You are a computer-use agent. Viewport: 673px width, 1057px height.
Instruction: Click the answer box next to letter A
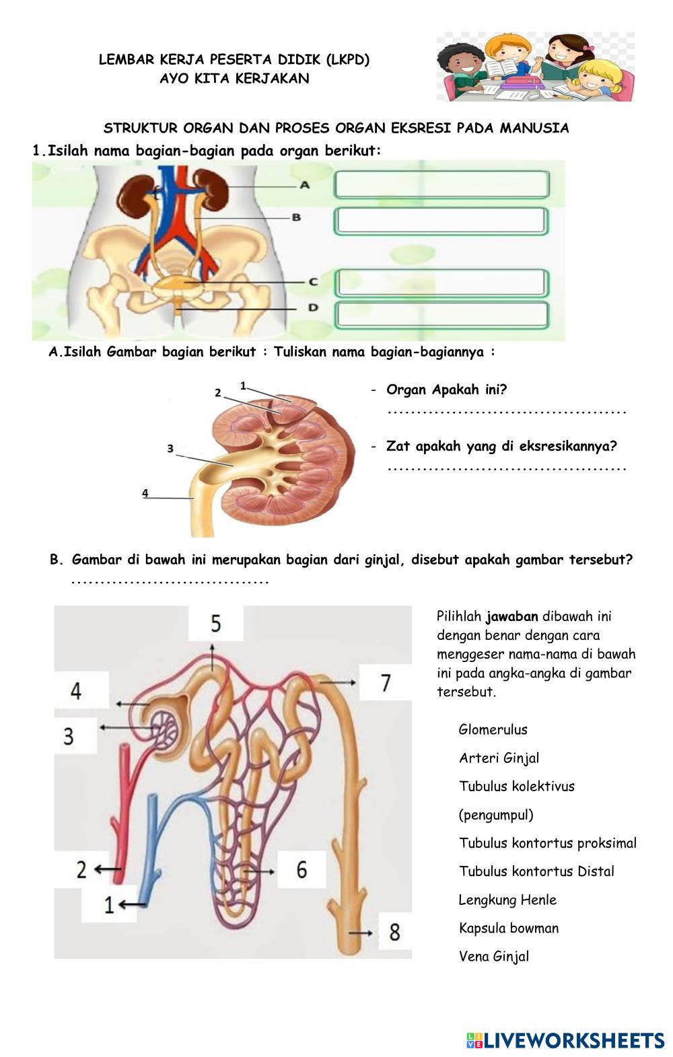(441, 184)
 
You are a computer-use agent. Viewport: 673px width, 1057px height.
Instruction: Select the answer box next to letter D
(441, 315)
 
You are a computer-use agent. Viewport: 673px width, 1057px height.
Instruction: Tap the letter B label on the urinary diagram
(296, 217)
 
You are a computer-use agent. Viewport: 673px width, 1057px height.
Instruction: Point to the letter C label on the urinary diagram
(313, 282)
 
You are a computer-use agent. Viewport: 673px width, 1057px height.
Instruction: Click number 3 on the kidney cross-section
(170, 448)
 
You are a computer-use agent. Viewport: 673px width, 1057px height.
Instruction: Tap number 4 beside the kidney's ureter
(145, 493)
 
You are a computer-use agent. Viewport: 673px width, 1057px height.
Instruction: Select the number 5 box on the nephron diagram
(215, 623)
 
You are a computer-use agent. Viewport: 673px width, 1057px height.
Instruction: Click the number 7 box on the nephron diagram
(386, 683)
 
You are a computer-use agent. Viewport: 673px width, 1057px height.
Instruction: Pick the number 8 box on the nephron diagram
(394, 932)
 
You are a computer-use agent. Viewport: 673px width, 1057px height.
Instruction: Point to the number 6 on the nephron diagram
(302, 869)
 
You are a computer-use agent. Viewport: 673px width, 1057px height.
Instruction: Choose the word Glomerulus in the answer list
(493, 729)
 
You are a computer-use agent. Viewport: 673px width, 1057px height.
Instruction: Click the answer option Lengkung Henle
(507, 900)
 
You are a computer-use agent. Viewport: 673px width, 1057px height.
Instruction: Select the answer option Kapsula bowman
(509, 928)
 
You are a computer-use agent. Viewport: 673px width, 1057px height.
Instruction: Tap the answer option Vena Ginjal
(494, 956)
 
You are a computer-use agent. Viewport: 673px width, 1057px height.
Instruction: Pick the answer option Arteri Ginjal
(499, 758)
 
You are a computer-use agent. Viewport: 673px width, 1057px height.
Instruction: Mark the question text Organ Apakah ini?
(446, 390)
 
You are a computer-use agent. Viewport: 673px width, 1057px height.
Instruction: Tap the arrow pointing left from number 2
(102, 869)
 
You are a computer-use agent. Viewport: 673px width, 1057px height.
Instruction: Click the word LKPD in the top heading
(348, 59)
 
